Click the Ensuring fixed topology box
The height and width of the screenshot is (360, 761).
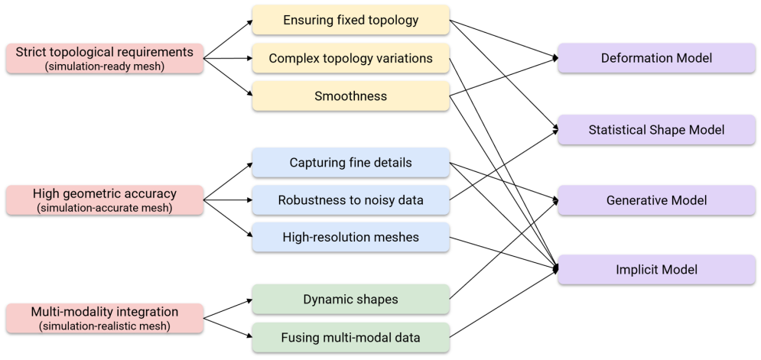[x=350, y=20]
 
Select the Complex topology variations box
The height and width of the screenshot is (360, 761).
[x=350, y=58]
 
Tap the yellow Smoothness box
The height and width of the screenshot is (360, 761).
[x=350, y=96]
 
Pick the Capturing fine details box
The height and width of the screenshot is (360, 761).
[x=350, y=162]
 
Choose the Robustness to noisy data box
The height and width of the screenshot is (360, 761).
[x=350, y=200]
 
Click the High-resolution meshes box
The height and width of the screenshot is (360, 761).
[x=350, y=237]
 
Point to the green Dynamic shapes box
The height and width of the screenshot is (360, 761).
[x=350, y=300]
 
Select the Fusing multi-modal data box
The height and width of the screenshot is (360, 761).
[x=350, y=337]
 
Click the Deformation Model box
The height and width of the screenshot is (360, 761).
[x=656, y=58]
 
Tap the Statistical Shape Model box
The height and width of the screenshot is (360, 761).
[x=656, y=129]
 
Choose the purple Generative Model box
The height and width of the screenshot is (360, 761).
[x=656, y=200]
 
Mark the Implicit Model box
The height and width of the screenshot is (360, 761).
[x=656, y=269]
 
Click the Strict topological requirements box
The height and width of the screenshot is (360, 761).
[x=104, y=58]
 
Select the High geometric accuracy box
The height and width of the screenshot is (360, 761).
[x=104, y=200]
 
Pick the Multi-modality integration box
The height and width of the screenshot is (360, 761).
[x=104, y=318]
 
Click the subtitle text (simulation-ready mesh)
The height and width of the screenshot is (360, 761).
[x=104, y=66]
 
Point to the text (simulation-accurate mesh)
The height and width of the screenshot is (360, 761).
[x=104, y=208]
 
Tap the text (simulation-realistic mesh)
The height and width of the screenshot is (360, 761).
[x=104, y=326]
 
